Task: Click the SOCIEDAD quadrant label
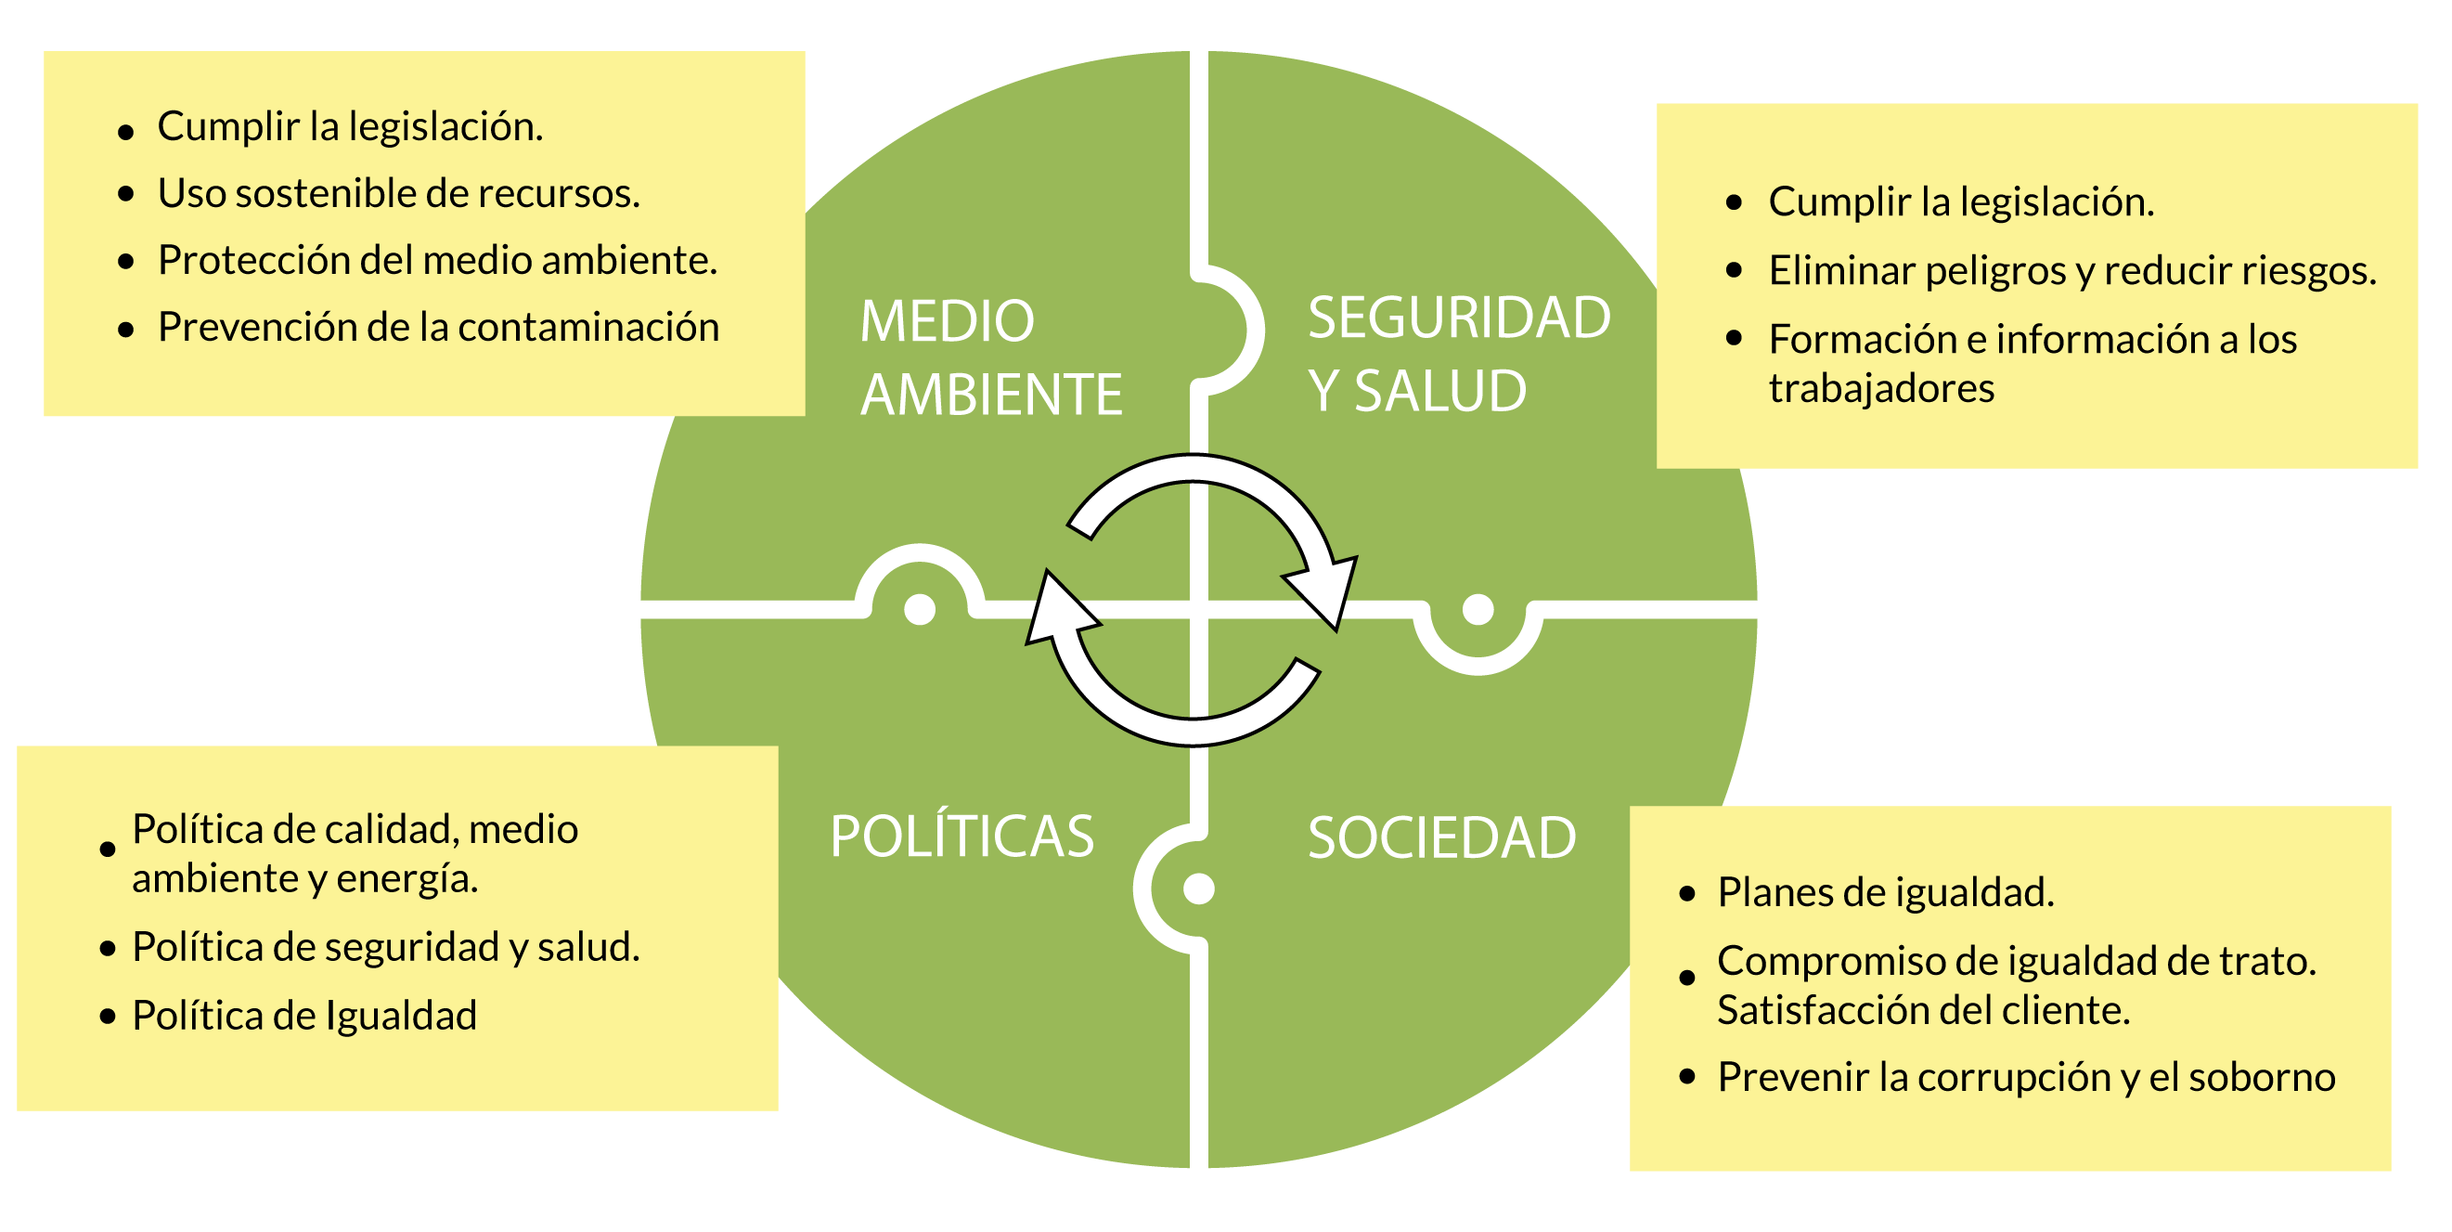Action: point(1441,837)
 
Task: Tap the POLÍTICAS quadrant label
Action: point(961,836)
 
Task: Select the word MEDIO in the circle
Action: point(947,321)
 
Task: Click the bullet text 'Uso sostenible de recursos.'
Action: point(399,193)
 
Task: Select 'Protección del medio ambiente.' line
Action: point(437,260)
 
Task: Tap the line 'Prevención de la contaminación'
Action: point(438,327)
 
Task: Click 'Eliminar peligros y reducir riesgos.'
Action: point(2071,270)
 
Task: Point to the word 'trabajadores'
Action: point(1881,388)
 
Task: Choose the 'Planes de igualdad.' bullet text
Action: point(1885,892)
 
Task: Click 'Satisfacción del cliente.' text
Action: point(1923,1010)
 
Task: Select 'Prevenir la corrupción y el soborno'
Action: point(2026,1077)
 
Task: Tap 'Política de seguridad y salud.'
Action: point(385,946)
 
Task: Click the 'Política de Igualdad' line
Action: point(303,1015)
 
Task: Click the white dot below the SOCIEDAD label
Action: point(1198,888)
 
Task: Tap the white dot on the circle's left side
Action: point(920,608)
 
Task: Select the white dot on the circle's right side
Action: point(1478,608)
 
